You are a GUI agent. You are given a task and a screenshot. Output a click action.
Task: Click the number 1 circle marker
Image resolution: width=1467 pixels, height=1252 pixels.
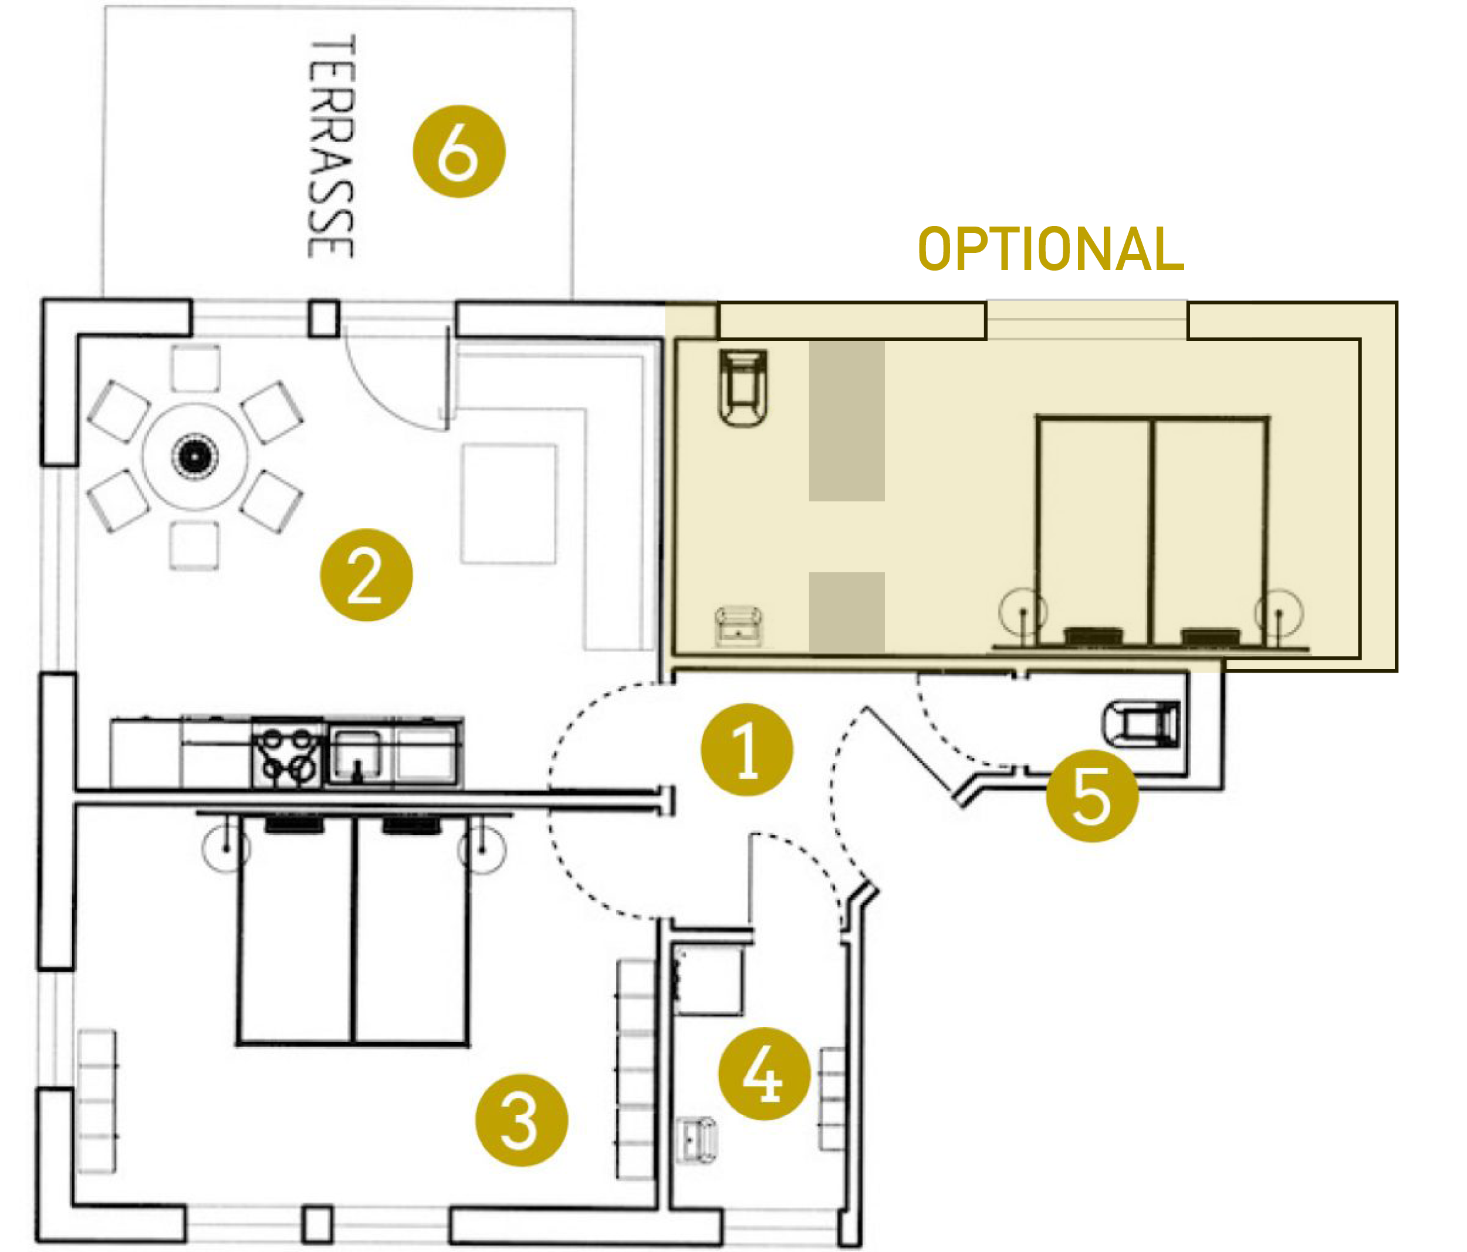pyautogui.click(x=746, y=750)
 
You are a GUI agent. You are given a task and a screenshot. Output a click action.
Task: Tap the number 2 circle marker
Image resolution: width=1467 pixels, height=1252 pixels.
pyautogui.click(x=366, y=575)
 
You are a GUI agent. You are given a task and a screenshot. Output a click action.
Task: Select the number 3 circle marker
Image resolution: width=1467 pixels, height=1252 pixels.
pyautogui.click(x=522, y=1121)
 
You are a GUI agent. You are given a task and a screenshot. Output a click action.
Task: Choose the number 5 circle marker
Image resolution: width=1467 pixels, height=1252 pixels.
pyautogui.click(x=1093, y=796)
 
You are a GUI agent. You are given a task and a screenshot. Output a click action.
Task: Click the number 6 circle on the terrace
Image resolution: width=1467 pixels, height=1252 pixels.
pyautogui.click(x=459, y=151)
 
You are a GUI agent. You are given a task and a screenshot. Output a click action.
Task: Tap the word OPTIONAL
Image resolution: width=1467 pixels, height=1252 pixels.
pyautogui.click(x=1051, y=249)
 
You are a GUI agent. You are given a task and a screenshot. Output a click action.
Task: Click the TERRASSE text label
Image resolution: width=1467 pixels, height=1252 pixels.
pyautogui.click(x=332, y=147)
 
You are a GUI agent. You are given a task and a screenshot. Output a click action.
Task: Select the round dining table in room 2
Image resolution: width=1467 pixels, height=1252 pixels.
pyautogui.click(x=195, y=457)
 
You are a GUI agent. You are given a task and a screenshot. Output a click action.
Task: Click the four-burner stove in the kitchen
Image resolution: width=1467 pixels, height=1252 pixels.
pyautogui.click(x=288, y=754)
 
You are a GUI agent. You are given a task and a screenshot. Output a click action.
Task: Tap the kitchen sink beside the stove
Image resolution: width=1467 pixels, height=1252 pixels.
pyautogui.click(x=357, y=755)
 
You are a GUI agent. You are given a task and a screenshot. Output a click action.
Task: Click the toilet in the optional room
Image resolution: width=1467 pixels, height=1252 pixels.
pyautogui.click(x=743, y=387)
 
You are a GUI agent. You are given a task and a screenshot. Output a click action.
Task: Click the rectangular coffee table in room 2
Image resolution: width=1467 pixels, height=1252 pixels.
pyautogui.click(x=508, y=504)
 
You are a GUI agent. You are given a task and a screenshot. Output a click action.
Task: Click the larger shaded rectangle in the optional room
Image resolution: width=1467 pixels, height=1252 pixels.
pyautogui.click(x=847, y=421)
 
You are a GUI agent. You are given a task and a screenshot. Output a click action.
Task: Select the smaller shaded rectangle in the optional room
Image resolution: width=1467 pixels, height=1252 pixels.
pyautogui.click(x=847, y=612)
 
